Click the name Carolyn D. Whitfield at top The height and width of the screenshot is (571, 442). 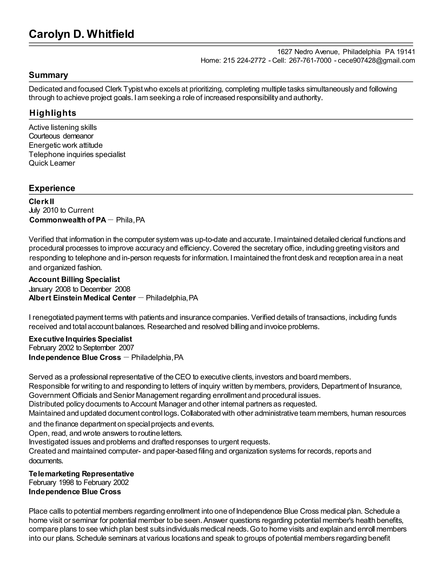coord(81,34)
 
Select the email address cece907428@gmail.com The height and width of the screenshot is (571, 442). coord(376,61)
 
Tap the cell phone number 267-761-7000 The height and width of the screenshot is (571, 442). coord(310,61)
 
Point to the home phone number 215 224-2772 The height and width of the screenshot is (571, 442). coord(244,61)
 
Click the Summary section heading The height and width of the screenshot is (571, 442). coord(48,75)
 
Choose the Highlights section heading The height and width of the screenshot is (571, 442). coord(53,113)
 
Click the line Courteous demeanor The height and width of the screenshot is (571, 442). coord(61,136)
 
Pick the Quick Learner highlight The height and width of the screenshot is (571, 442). coord(52,163)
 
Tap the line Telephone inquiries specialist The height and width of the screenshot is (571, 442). coord(77,154)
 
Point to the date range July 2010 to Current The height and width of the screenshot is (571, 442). coord(61,211)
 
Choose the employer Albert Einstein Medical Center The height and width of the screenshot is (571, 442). coord(82,298)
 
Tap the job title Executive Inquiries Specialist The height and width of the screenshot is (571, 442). coord(80,339)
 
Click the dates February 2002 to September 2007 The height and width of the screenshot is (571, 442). coord(81,348)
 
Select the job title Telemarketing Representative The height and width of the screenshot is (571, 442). coord(81,474)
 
